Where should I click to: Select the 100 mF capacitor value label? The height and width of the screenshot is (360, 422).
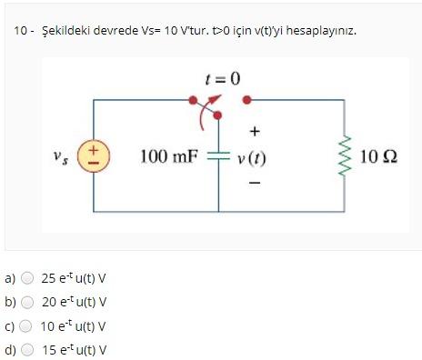[x=168, y=157]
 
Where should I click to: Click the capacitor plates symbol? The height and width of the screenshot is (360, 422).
[x=218, y=155]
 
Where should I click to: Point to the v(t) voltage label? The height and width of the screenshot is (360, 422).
[x=250, y=158]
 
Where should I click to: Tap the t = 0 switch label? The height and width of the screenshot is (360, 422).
[x=222, y=78]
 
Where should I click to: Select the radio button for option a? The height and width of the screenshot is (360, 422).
[x=28, y=278]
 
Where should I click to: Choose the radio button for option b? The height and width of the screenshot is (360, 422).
[x=28, y=302]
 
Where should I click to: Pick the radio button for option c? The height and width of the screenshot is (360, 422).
[x=28, y=325]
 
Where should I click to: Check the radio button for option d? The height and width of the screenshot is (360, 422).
[x=28, y=349]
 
